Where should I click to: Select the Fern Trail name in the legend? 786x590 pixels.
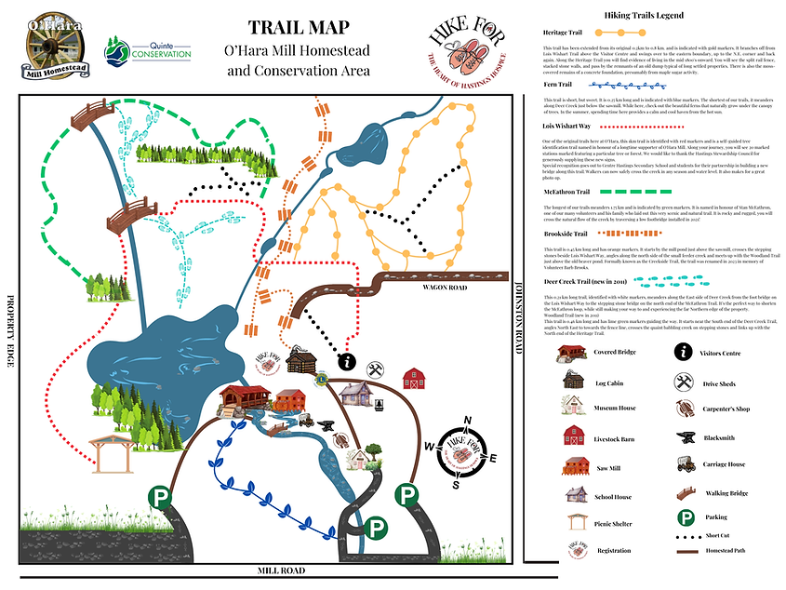(x=558, y=85)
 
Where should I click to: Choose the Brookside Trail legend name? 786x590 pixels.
(x=566, y=235)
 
